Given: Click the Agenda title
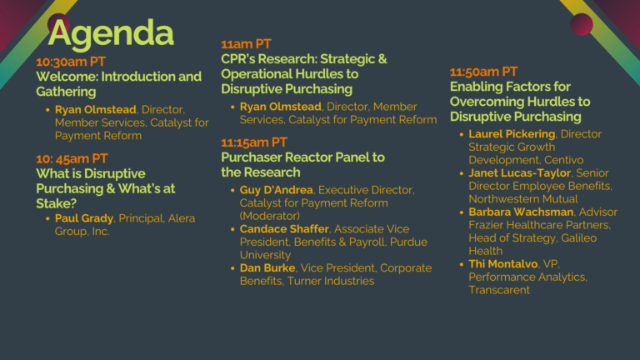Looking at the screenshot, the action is coord(111,34).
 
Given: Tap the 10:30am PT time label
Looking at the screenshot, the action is coord(71,62).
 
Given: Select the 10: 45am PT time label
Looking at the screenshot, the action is coord(72,158).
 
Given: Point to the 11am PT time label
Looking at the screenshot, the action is coord(246,44).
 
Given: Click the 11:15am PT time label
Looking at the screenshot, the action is coord(254,142).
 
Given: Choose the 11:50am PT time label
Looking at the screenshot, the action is coord(483,72).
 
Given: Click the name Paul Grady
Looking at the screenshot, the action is coord(84,218).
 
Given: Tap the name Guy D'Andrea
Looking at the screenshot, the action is coord(277,190).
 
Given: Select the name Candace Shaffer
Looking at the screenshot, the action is coord(284,229).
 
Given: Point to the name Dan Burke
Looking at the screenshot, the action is coord(267,268).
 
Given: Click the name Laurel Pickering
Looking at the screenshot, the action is coord(512,134).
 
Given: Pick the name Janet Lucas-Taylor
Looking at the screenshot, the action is coord(520,173).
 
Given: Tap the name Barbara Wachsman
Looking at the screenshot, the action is coord(521,212).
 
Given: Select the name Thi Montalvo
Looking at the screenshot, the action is coord(502,264).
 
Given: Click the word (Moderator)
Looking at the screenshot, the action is coord(270,216).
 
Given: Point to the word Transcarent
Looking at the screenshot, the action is coord(499,290).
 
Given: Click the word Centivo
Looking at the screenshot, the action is coord(563,160).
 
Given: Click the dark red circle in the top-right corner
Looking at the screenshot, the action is coord(581,24).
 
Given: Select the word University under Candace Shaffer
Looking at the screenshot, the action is coord(265,255).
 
